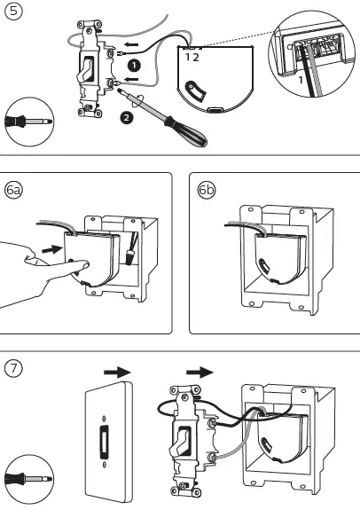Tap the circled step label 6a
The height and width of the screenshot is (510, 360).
(x=13, y=191)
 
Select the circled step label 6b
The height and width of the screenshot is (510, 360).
(x=207, y=190)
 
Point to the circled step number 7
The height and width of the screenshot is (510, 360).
(x=13, y=368)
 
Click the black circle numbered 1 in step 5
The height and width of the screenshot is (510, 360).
(x=134, y=66)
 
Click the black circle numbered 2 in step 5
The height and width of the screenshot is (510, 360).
(x=127, y=118)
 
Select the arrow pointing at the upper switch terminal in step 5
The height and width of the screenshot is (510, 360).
(x=132, y=44)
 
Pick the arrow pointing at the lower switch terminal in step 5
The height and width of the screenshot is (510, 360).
(x=132, y=79)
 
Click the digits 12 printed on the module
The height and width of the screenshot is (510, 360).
(x=192, y=58)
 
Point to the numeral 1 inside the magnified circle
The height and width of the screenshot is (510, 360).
(x=301, y=80)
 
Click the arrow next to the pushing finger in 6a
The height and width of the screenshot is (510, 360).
(x=52, y=250)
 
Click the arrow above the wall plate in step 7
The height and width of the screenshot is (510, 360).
(x=117, y=373)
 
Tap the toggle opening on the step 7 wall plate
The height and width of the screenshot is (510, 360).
(x=104, y=439)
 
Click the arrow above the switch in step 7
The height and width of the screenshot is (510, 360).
(x=200, y=373)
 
